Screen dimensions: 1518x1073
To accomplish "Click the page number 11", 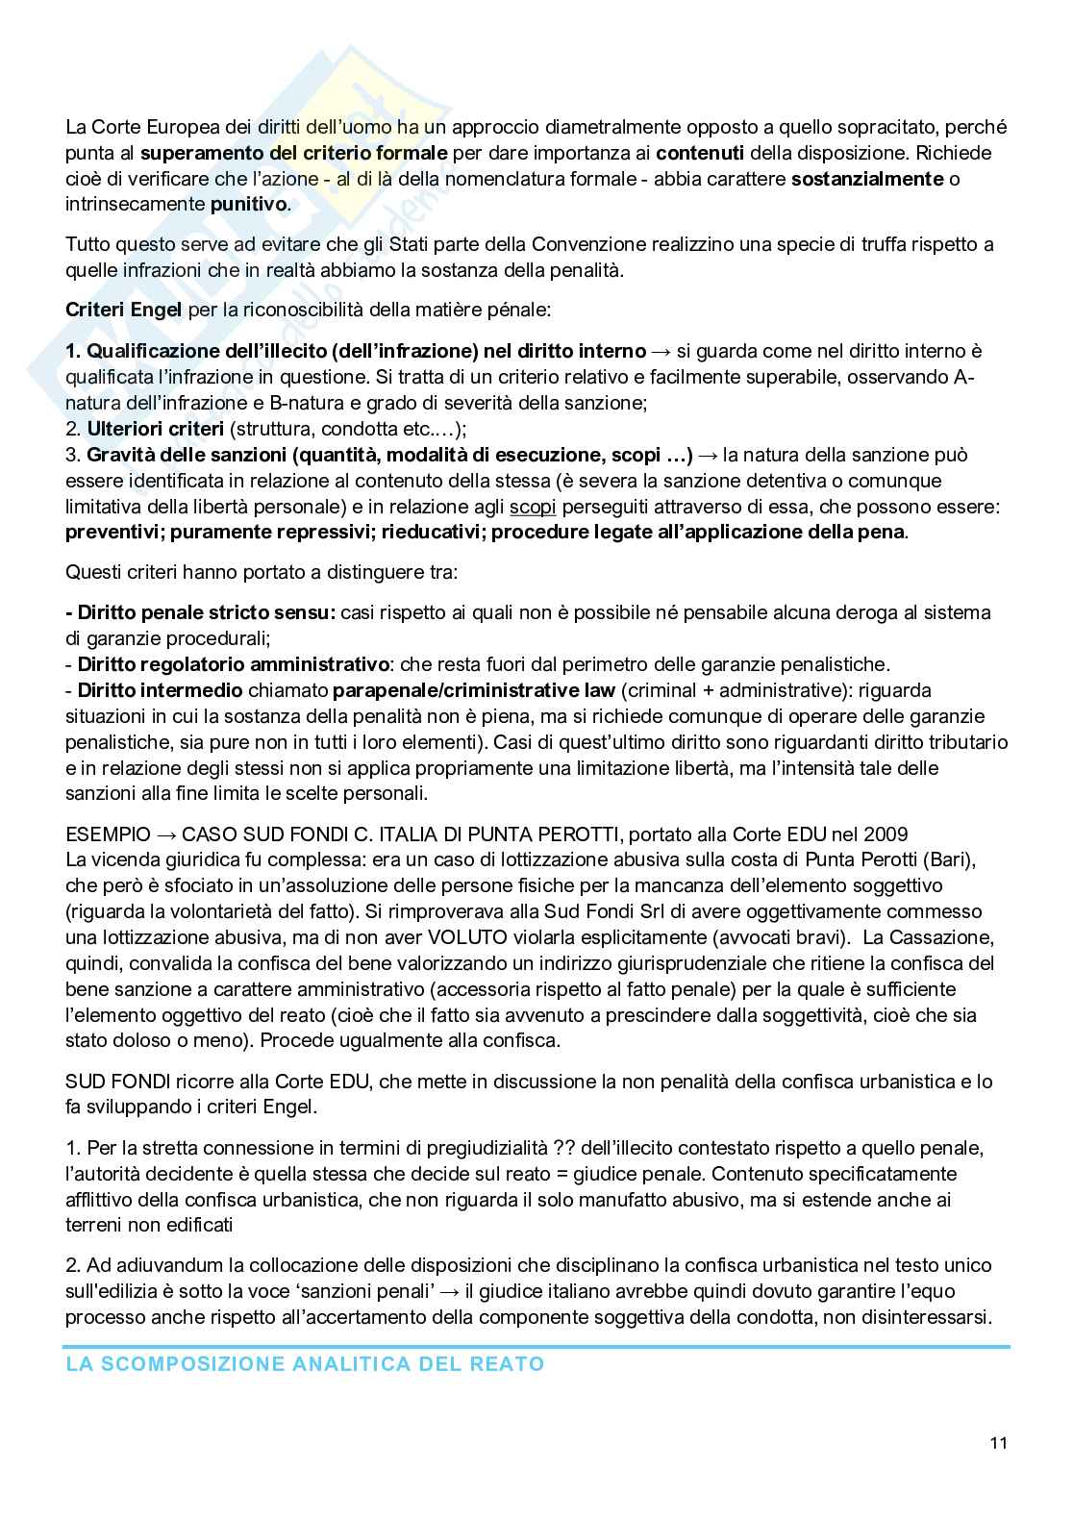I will [x=997, y=1443].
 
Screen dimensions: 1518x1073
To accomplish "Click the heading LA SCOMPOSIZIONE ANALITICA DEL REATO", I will [x=305, y=1364].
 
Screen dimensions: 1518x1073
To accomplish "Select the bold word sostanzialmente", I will [x=866, y=179].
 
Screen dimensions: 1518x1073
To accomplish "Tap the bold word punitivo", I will [x=248, y=205].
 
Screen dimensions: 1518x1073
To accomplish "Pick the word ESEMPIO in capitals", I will [x=108, y=834].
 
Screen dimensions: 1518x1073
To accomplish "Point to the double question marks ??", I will [x=564, y=1148].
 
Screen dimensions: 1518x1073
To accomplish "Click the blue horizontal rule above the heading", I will [x=536, y=1347].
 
